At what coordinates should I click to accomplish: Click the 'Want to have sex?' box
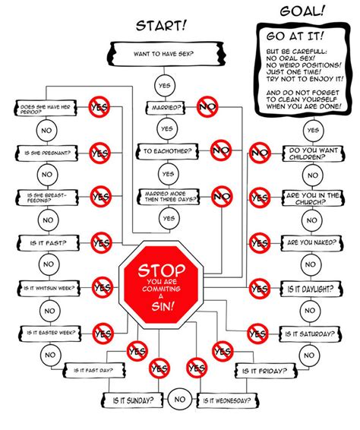point(166,55)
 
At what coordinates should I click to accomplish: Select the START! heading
point(161,27)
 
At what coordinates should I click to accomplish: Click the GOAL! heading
point(304,11)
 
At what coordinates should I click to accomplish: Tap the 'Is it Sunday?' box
point(134,399)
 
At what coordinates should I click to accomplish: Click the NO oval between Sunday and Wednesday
point(180,398)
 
